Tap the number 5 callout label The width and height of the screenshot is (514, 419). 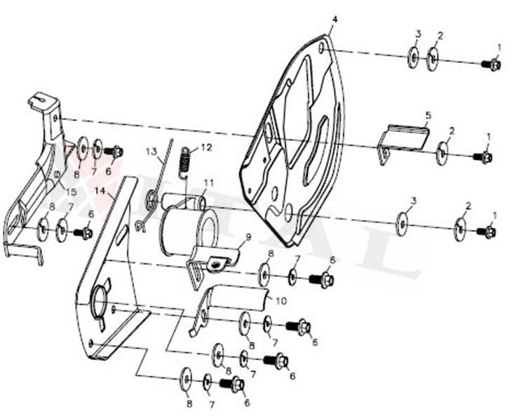[428, 114]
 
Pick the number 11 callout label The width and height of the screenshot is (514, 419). [208, 183]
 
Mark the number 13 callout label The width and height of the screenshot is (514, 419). [151, 151]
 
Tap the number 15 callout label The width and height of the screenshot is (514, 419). [71, 192]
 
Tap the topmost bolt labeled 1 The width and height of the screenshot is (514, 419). [493, 65]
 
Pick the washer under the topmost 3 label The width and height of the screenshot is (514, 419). [413, 56]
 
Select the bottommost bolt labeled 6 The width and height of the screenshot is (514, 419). [232, 384]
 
